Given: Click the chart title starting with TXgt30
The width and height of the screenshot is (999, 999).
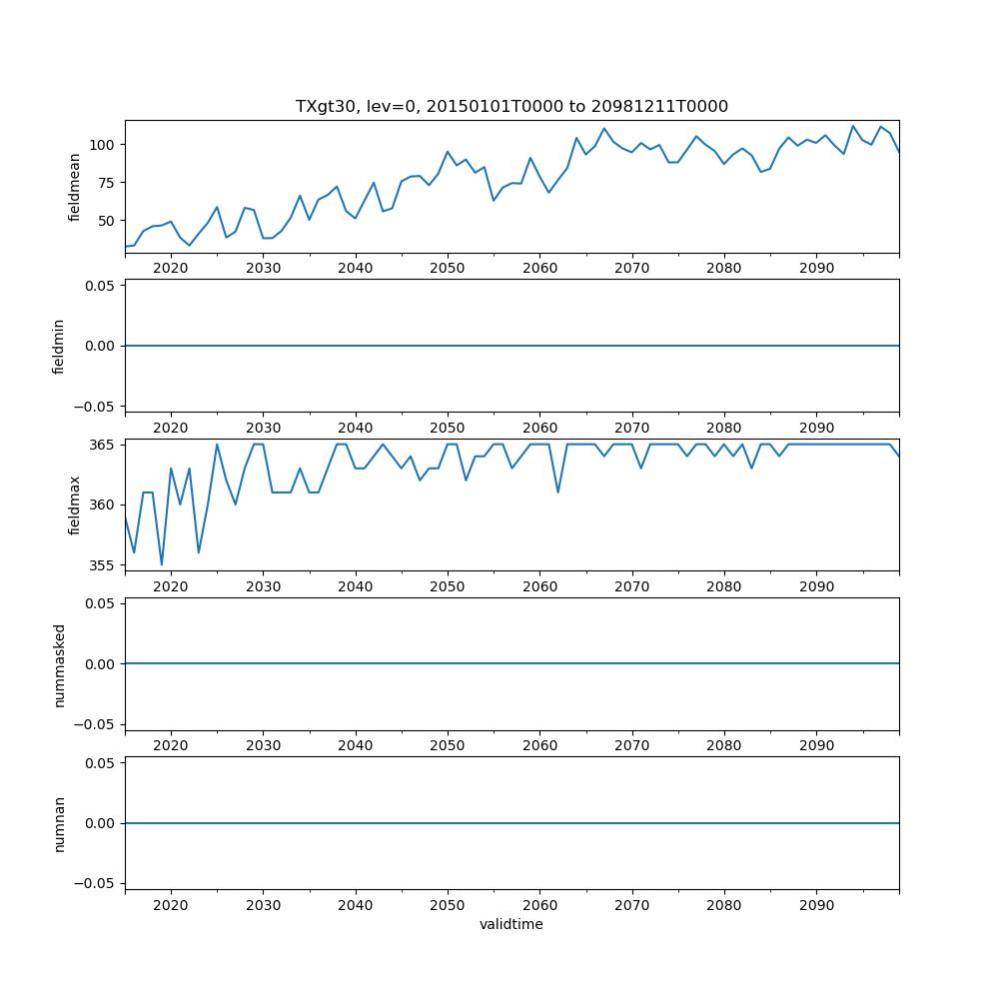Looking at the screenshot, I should pyautogui.click(x=511, y=106).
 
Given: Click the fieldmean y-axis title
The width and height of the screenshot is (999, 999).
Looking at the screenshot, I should pyautogui.click(x=74, y=187).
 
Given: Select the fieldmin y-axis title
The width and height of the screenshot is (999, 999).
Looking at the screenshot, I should pyautogui.click(x=59, y=346).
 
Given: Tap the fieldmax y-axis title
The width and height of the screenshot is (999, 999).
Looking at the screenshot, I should pyautogui.click(x=74, y=504).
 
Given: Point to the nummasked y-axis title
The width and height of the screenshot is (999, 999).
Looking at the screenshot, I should pyautogui.click(x=59, y=664).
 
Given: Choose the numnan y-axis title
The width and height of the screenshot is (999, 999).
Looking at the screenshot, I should pyautogui.click(x=59, y=823).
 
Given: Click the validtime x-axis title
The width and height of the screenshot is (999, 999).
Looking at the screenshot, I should pyautogui.click(x=511, y=924).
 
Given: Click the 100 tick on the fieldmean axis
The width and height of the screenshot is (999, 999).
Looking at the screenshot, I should pyautogui.click(x=104, y=144).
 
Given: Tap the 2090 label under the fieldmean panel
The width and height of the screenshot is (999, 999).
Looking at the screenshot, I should pyautogui.click(x=816, y=269).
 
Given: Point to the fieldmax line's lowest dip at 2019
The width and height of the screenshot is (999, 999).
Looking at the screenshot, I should pyautogui.click(x=162, y=564).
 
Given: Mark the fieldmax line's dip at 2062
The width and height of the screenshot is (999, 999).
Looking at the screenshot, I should pyautogui.click(x=558, y=492).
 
